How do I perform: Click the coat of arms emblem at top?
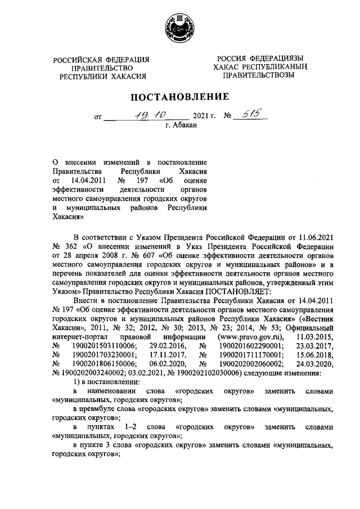coord(180,26)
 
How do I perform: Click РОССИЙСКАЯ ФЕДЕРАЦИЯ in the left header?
coord(101,60)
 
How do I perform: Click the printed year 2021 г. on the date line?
coord(204,118)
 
